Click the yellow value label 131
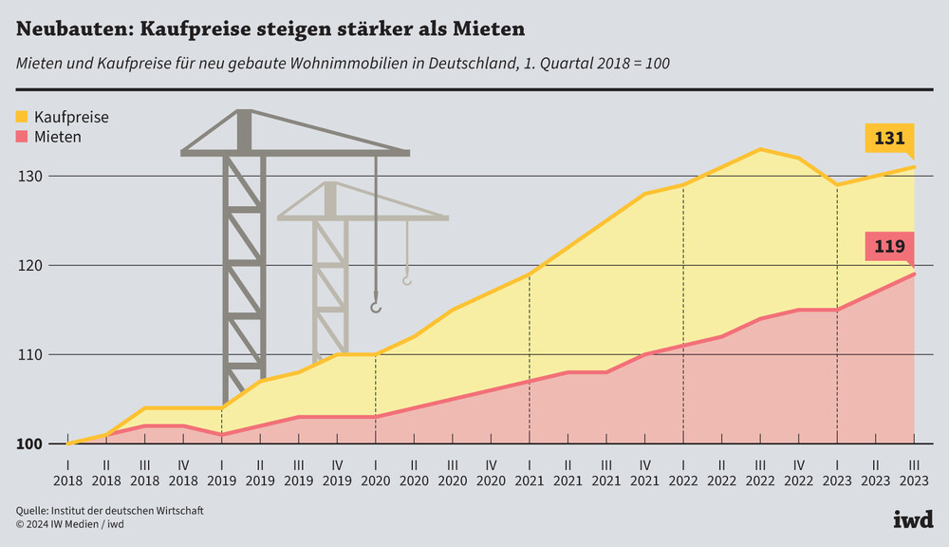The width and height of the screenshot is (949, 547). pos(889,139)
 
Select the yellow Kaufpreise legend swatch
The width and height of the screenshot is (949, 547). pos(22,117)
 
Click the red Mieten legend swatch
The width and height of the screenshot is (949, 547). pos(22,137)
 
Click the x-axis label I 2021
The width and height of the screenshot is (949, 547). pos(529,473)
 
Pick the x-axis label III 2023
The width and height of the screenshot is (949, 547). pos(914,473)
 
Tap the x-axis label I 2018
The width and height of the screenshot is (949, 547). pos(67,473)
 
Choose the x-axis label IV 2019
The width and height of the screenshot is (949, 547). pos(337,473)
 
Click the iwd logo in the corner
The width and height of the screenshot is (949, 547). pos(913,519)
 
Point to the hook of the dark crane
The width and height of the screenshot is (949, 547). pos(376,307)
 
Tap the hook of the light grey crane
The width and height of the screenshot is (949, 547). pos(407,280)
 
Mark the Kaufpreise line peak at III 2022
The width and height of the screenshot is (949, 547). pos(760,149)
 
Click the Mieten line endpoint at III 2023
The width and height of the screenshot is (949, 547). pos(914,273)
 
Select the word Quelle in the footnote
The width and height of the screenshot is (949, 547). pos(33,511)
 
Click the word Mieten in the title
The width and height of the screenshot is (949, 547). pos(489,29)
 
